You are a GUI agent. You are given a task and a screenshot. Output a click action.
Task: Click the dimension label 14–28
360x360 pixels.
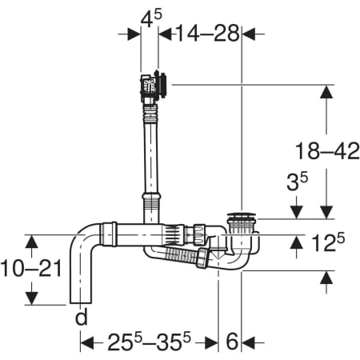208,34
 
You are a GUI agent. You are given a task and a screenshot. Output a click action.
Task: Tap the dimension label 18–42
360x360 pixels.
327,151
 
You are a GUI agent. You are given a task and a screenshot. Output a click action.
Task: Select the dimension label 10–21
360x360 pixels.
31,268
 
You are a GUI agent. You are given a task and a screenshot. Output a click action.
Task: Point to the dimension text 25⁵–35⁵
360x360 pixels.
150,342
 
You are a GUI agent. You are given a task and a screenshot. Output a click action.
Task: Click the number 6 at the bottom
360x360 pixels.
232,342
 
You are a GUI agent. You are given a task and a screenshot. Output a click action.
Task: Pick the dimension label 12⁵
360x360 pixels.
328,242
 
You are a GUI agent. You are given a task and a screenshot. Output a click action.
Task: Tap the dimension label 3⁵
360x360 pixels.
297,182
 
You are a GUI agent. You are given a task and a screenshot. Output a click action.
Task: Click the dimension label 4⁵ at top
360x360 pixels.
151,18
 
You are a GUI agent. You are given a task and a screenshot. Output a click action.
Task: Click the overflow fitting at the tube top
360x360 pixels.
154,86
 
